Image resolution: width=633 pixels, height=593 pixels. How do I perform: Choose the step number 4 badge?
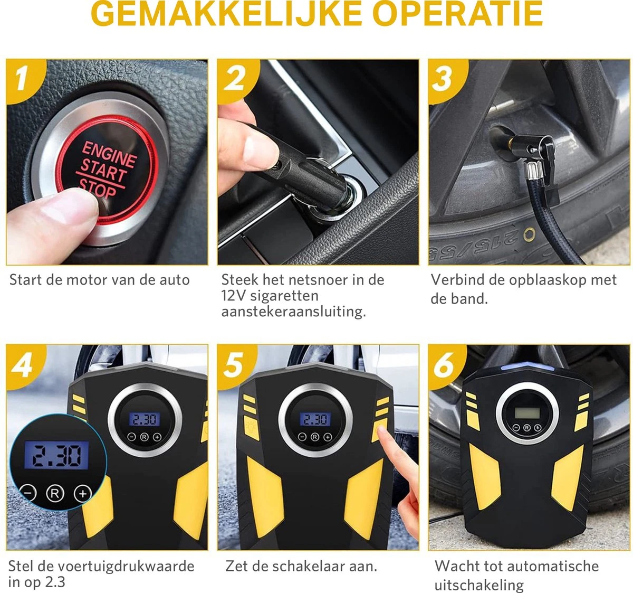(x=22, y=364)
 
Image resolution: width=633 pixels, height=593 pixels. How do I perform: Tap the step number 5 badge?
(x=234, y=364)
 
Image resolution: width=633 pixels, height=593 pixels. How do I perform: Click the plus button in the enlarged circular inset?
(x=82, y=494)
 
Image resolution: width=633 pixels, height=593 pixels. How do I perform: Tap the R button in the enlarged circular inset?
(x=55, y=494)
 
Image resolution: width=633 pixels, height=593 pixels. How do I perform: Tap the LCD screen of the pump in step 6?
(x=527, y=412)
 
